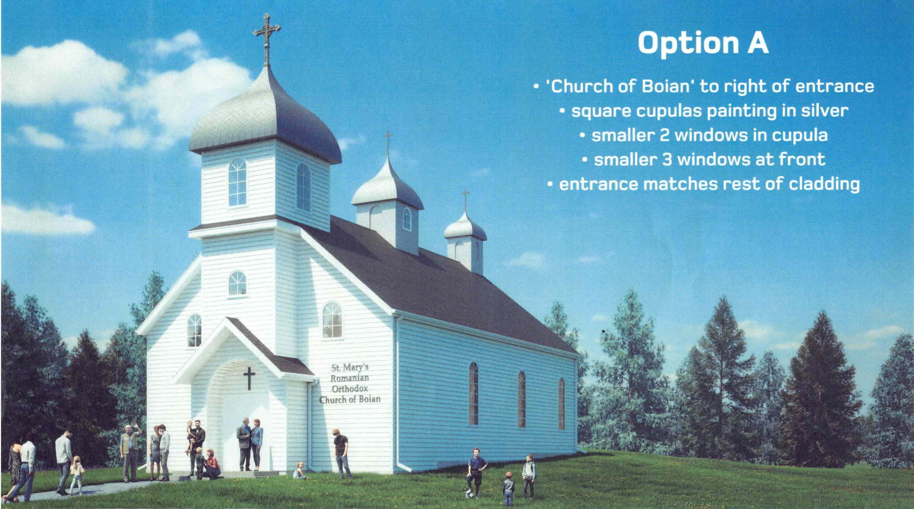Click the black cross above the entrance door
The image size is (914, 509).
[249, 377]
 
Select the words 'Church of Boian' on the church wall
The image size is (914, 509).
[350, 399]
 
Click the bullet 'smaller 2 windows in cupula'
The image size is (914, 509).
[704, 135]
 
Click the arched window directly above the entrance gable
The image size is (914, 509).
[237, 283]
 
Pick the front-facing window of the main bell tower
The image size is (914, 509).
[237, 182]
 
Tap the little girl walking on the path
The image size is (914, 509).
[76, 475]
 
